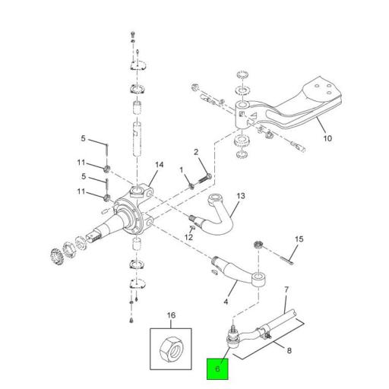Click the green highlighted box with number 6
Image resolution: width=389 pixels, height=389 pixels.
[217, 368]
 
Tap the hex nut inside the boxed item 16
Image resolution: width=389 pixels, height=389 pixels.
[172, 349]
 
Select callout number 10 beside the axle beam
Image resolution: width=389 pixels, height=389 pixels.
[327, 138]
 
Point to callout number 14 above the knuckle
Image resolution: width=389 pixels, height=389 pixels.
[160, 165]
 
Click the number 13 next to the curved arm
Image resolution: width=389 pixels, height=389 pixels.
[241, 196]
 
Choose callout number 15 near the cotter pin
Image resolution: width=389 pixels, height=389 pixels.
[299, 239]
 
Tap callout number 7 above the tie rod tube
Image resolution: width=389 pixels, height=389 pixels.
[286, 289]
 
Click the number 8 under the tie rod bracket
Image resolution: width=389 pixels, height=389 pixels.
[289, 350]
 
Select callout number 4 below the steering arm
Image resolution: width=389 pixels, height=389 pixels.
[226, 302]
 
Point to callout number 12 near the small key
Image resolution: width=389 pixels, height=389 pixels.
[188, 237]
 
